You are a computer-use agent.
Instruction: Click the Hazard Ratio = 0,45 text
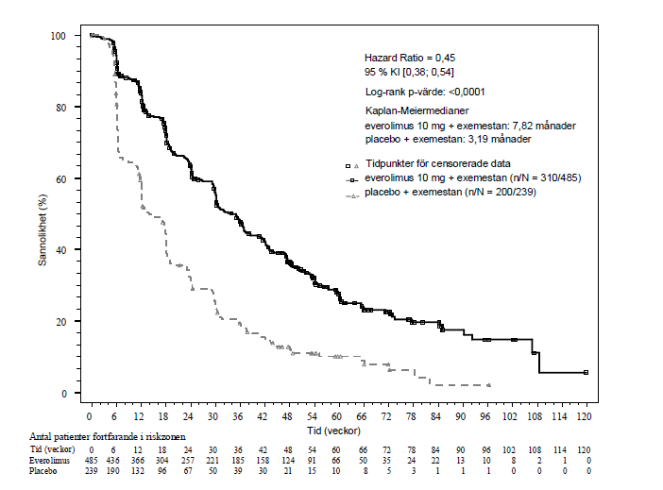(x=410, y=58)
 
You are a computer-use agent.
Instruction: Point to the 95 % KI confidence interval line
(x=409, y=73)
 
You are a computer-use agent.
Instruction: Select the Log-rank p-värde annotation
(x=425, y=92)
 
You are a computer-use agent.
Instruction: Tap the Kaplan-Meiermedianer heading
(x=416, y=110)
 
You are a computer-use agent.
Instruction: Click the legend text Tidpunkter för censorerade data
(x=438, y=163)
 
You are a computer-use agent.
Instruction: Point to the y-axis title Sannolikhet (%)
(x=42, y=230)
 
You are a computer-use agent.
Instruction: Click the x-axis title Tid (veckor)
(x=333, y=431)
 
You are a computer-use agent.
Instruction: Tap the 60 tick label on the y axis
(x=60, y=178)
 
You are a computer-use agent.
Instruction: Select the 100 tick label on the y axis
(x=59, y=36)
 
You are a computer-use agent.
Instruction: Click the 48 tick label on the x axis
(x=287, y=417)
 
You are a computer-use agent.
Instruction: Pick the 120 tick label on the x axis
(x=584, y=417)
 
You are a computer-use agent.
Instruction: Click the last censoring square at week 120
(x=586, y=373)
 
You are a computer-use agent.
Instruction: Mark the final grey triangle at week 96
(x=489, y=385)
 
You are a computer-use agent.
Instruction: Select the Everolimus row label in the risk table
(x=49, y=461)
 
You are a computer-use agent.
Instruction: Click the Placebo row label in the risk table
(x=42, y=471)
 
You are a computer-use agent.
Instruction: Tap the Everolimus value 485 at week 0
(x=91, y=461)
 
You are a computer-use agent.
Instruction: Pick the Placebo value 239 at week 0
(x=91, y=471)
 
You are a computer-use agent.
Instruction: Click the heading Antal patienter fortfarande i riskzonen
(x=108, y=437)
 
